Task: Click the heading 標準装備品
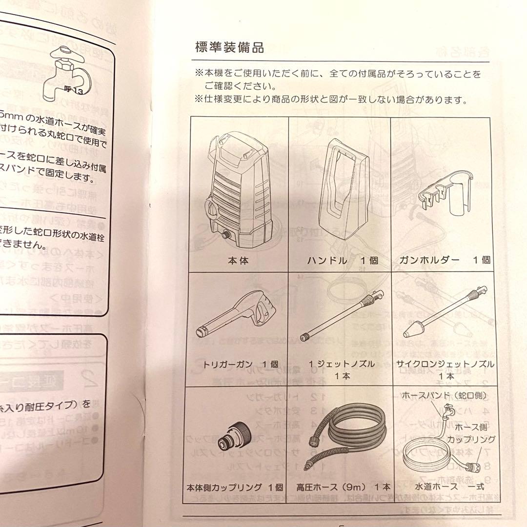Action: (x=229, y=48)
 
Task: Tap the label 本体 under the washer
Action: (x=238, y=261)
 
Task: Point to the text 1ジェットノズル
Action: (x=342, y=364)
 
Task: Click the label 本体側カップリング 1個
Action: (x=235, y=487)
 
